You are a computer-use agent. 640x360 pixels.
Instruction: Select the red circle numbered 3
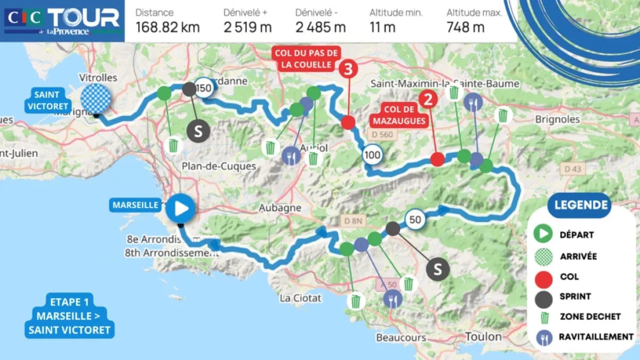(348, 69)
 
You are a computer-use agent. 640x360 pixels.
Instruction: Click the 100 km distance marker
(372, 155)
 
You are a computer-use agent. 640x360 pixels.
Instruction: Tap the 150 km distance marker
(204, 89)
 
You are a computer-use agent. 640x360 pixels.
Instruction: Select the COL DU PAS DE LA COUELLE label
(306, 59)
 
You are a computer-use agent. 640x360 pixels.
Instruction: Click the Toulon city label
(483, 337)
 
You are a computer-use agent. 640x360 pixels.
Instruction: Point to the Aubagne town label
(281, 207)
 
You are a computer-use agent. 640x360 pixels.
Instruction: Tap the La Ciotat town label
(301, 298)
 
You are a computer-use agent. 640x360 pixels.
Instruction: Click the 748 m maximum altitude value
(466, 27)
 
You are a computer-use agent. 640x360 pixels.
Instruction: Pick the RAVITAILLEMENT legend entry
(596, 337)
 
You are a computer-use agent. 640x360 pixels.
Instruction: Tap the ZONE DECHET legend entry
(589, 317)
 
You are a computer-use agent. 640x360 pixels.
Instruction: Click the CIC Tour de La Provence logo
(62, 21)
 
